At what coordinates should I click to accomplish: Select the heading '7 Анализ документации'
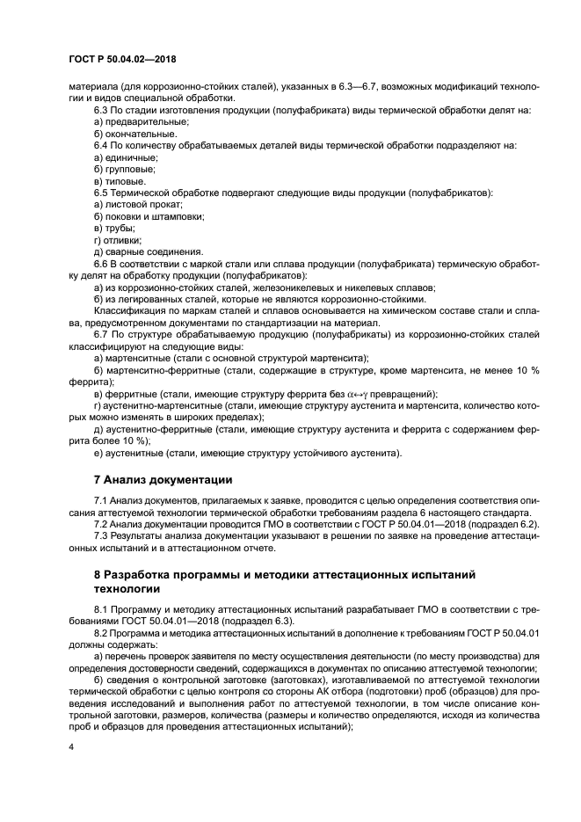click(163, 480)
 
